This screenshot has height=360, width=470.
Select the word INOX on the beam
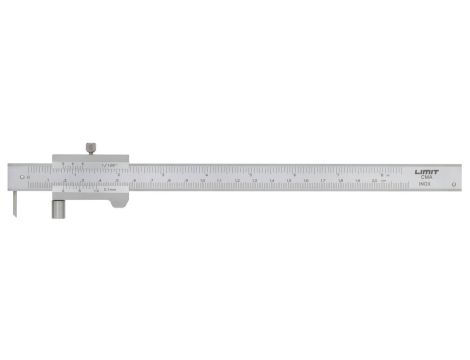coord(425,186)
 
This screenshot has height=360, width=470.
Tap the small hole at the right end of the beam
coord(455,184)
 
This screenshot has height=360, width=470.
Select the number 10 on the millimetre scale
coord(203,182)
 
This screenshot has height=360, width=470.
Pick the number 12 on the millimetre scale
coord(237,182)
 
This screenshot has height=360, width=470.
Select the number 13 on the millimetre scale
coord(255,182)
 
